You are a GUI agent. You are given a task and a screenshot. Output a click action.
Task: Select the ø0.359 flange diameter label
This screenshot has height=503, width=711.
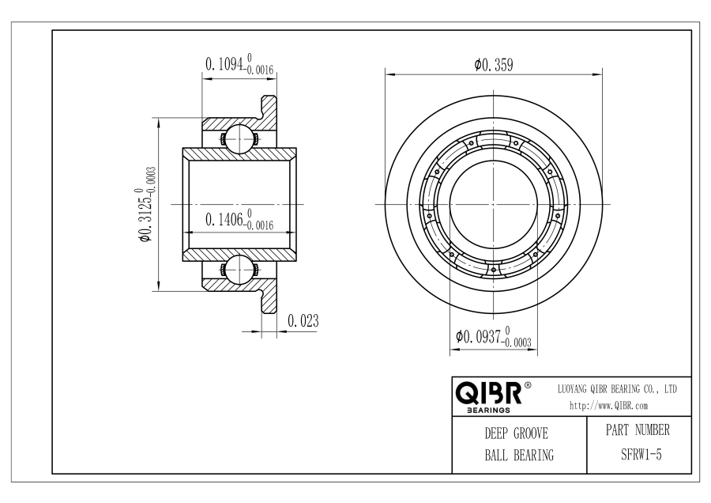click(494, 65)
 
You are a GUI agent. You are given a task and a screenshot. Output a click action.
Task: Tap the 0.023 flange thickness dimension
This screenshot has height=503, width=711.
click(303, 321)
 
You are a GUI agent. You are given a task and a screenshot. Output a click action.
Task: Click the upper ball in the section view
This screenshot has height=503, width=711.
click(239, 138)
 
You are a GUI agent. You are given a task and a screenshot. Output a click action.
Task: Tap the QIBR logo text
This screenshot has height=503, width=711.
click(488, 394)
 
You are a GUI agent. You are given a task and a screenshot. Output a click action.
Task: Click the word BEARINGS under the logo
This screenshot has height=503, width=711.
click(488, 410)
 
